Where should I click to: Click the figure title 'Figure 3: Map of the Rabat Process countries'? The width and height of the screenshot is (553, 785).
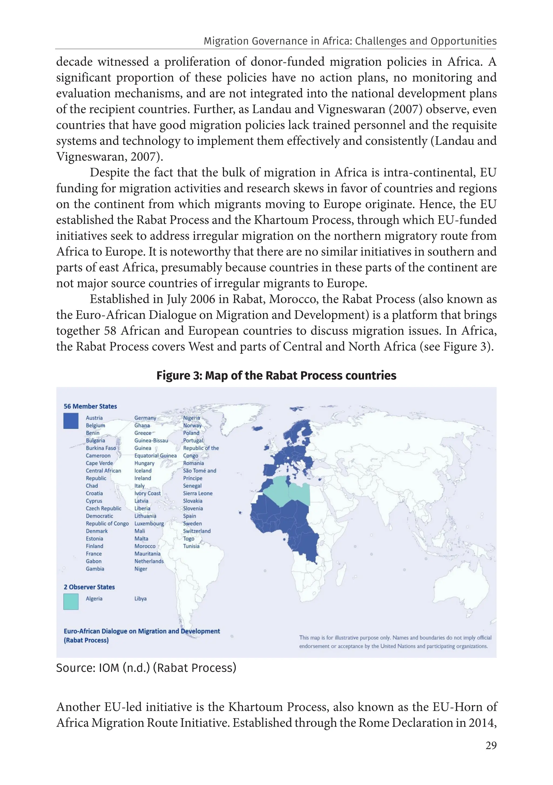tap(276, 375)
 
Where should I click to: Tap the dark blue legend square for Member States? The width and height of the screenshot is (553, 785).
tap(71, 421)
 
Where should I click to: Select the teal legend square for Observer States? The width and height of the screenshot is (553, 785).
tap(71, 602)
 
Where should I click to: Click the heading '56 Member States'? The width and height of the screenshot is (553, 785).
tap(90, 406)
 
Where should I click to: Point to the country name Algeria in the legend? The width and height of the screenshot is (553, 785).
tap(94, 599)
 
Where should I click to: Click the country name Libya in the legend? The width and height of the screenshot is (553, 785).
tap(140, 599)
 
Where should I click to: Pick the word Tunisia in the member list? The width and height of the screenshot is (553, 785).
tap(191, 546)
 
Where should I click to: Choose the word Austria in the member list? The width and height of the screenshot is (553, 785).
tap(94, 418)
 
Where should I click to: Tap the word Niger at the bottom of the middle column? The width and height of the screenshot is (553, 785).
tap(141, 569)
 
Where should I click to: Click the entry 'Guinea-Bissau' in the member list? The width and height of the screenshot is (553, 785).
tap(151, 440)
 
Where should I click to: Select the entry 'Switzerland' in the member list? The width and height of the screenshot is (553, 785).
tap(197, 531)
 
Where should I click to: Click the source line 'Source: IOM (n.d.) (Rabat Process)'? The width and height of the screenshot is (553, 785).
tap(146, 668)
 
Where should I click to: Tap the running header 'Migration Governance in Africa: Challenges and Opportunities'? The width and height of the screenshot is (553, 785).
tap(350, 41)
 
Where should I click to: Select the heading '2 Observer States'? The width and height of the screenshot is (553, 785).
tap(89, 587)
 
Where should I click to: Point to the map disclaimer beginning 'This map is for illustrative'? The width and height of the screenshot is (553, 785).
tap(395, 642)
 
